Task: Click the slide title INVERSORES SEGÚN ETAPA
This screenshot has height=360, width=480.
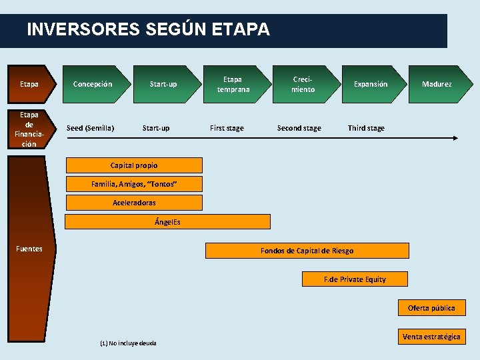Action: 148,30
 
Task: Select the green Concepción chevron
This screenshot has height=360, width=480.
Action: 93,84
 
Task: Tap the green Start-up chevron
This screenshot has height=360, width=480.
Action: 163,84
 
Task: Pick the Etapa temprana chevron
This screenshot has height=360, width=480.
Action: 233,84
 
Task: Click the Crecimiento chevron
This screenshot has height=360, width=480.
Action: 303,84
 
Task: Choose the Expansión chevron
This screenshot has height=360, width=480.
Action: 371,84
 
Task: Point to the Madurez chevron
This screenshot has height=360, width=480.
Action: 437,84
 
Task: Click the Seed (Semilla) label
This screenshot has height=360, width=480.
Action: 91,128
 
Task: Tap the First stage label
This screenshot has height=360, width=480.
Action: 227,128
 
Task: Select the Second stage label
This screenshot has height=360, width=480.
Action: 299,128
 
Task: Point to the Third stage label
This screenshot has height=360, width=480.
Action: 366,128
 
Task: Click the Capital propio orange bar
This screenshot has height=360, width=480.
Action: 134,165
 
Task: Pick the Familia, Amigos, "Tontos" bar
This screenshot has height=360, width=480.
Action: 134,184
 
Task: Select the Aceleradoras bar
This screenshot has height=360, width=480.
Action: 134,203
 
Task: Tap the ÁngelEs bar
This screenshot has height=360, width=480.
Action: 167,222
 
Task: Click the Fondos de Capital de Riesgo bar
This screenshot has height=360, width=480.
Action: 307,251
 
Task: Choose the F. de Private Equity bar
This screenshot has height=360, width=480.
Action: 355,279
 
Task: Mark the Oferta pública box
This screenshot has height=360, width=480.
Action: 431,308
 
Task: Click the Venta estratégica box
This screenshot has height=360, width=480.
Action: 431,337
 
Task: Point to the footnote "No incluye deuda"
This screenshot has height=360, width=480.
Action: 128,343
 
